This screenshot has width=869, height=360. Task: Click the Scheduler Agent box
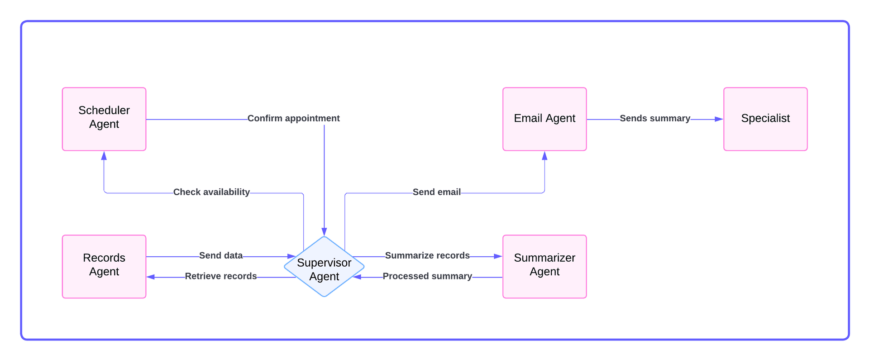pyautogui.click(x=104, y=119)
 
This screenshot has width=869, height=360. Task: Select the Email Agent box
pyautogui.click(x=544, y=119)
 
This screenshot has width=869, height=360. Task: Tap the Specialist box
pyautogui.click(x=765, y=119)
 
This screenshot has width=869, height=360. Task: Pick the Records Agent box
pyautogui.click(x=104, y=266)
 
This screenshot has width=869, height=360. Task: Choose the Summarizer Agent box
pyautogui.click(x=544, y=266)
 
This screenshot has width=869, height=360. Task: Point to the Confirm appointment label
pyautogui.click(x=293, y=118)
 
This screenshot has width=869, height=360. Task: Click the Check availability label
pyautogui.click(x=211, y=192)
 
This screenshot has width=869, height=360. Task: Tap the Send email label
pyautogui.click(x=436, y=192)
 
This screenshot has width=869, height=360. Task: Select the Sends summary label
pyautogui.click(x=654, y=118)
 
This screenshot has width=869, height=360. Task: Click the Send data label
pyautogui.click(x=221, y=255)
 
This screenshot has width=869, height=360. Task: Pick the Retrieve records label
pyautogui.click(x=221, y=276)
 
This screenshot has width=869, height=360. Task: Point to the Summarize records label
pyautogui.click(x=427, y=255)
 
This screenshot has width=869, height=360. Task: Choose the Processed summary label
pyautogui.click(x=427, y=276)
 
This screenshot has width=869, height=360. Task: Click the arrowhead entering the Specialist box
pyautogui.click(x=719, y=119)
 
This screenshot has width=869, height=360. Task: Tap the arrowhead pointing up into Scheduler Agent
pyautogui.click(x=104, y=156)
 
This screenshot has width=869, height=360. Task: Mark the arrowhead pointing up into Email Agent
pyautogui.click(x=544, y=156)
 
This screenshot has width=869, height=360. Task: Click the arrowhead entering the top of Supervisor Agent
pyautogui.click(x=324, y=232)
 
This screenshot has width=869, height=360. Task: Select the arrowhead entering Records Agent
pyautogui.click(x=151, y=277)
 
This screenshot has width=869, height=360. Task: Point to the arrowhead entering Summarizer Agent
pyautogui.click(x=498, y=256)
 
